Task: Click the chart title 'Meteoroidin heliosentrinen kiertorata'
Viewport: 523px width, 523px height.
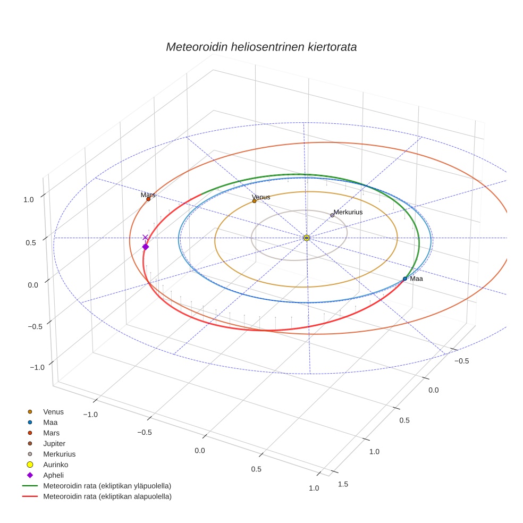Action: [x=261, y=47]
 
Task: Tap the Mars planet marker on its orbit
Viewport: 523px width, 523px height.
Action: [x=148, y=199]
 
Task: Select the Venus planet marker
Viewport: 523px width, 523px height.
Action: [x=254, y=201]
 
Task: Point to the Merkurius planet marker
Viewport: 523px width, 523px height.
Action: [x=332, y=215]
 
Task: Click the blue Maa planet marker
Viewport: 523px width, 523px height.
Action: [x=405, y=279]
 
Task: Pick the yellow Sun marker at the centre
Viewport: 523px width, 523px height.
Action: [x=307, y=238]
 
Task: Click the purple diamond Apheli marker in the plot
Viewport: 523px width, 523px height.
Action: [x=146, y=247]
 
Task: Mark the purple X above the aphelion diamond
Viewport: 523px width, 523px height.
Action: [x=145, y=238]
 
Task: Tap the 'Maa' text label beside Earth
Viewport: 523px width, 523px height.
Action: [x=416, y=279]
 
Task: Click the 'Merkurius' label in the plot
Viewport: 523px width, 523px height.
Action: [x=348, y=212]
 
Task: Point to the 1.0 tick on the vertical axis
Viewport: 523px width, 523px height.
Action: [x=29, y=199]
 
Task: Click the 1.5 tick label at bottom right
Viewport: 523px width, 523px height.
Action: [x=344, y=484]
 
